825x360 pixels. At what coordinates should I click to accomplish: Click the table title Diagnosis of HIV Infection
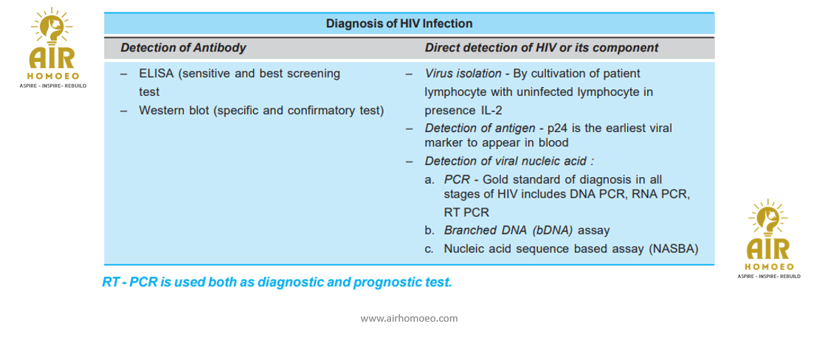point(399,24)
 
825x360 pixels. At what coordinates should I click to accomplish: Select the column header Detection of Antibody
point(183,48)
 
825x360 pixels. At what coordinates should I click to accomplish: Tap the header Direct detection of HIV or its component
point(542,48)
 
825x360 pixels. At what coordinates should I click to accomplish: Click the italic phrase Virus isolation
point(463,74)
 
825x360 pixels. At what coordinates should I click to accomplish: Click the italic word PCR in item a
point(455,179)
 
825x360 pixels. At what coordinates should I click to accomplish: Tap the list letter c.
point(429,249)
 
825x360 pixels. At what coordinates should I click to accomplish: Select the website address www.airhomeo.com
point(409,319)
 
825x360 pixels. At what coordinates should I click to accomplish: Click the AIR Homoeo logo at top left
point(52,48)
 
